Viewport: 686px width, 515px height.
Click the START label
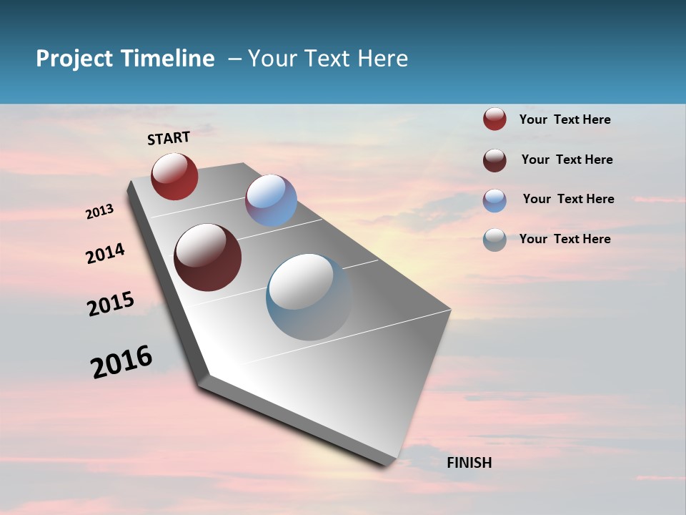click(x=169, y=138)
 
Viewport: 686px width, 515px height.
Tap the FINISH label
click(x=469, y=463)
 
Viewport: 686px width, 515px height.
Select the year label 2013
click(x=100, y=212)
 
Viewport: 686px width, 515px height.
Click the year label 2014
click(x=105, y=254)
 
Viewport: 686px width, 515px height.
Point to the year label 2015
click(x=111, y=304)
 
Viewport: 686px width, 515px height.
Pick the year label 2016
click(x=121, y=362)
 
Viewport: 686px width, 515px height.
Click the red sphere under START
click(x=174, y=176)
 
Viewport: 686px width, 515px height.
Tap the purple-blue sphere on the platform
click(x=271, y=200)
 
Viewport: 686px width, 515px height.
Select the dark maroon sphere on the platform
click(x=208, y=257)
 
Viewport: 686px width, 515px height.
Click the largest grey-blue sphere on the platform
click(x=309, y=297)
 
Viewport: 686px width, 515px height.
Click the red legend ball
click(x=494, y=119)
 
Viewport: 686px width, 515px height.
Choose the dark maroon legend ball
click(x=494, y=160)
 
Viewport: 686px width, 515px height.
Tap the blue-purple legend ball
click(x=494, y=200)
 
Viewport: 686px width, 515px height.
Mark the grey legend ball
click(x=494, y=240)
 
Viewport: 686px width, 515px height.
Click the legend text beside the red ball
click(x=565, y=119)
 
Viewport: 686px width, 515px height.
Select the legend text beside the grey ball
click(x=565, y=239)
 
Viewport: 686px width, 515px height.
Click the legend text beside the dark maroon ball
click(x=567, y=160)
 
